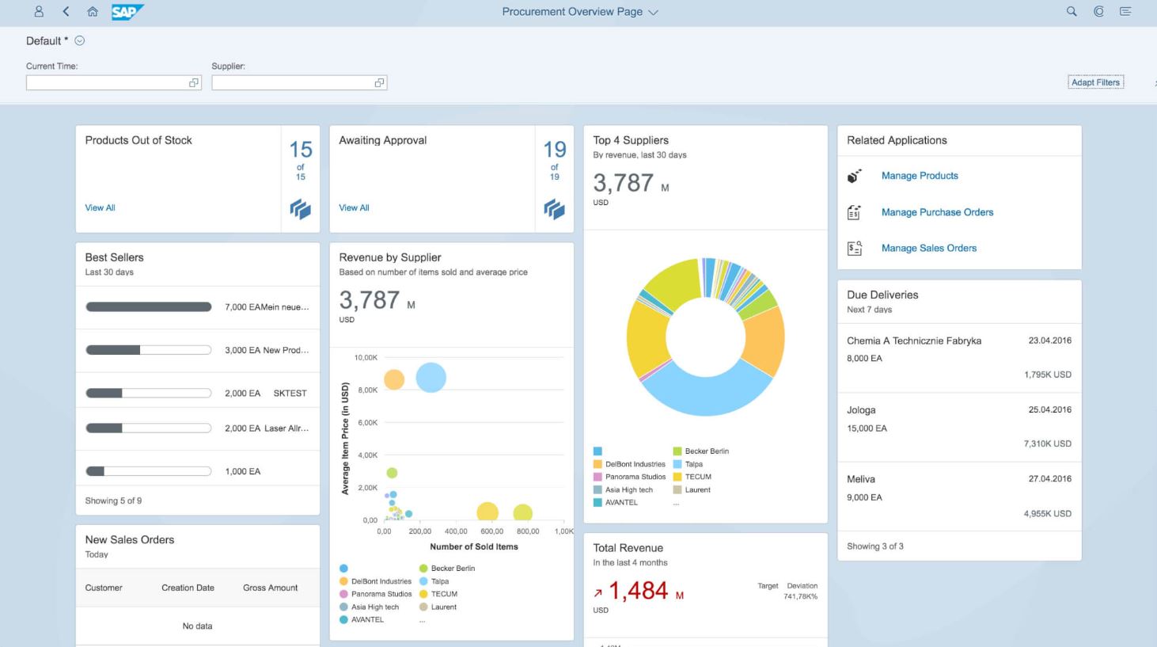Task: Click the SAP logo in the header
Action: coord(127,12)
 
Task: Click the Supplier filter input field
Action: coord(293,83)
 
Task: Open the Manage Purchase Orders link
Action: coord(937,212)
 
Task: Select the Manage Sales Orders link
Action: coord(928,248)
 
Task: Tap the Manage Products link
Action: coord(920,176)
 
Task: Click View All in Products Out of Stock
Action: coord(100,207)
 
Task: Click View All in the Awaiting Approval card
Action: coord(354,207)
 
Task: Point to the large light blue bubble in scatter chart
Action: coord(431,378)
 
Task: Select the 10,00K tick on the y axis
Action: coord(366,358)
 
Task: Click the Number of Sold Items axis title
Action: coord(473,546)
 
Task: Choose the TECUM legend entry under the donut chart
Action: coord(697,477)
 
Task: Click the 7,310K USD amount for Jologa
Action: coord(1047,444)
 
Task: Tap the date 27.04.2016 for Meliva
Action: coord(1049,479)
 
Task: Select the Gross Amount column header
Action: coord(270,588)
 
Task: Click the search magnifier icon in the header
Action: coord(1072,12)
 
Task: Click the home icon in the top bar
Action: coord(93,12)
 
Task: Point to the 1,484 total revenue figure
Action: coord(638,591)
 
